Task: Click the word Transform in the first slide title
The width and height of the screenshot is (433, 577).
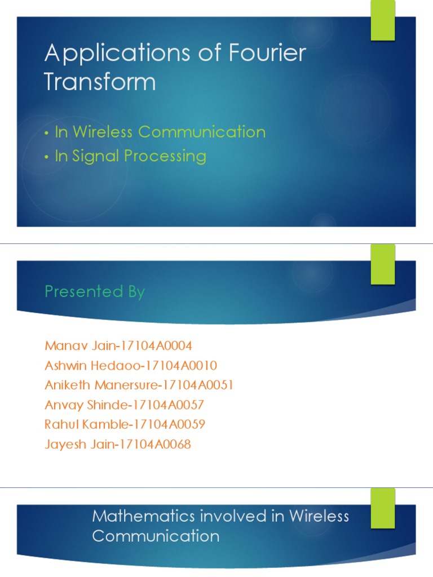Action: pos(100,82)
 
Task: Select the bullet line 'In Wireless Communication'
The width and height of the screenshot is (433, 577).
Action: pos(160,132)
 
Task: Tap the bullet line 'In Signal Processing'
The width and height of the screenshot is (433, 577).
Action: pos(130,156)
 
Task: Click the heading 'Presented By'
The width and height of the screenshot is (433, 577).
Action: pos(95,292)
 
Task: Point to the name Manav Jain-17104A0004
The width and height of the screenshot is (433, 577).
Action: pos(118,345)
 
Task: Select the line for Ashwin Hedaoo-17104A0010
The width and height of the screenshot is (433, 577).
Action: pos(130,365)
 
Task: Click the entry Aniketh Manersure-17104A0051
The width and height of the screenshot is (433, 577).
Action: pos(139,385)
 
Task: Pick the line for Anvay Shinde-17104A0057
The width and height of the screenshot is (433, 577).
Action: pos(124,405)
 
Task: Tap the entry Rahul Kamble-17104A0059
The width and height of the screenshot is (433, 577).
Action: pos(125,424)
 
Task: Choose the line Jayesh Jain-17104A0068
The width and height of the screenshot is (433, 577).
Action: pos(117,445)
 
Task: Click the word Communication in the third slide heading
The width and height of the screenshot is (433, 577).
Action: pos(156,536)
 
